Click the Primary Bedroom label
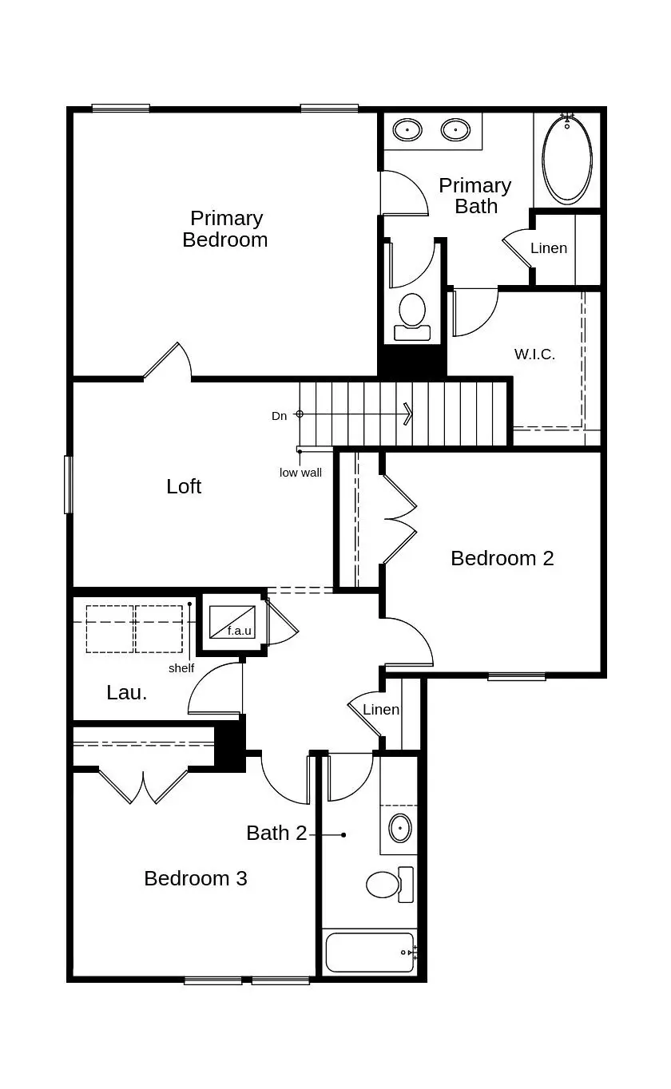click(225, 229)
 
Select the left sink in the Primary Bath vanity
click(407, 129)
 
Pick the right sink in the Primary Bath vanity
click(455, 129)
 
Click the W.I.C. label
click(534, 354)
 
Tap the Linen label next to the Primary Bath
click(549, 248)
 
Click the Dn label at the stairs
click(279, 416)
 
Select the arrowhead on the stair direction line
click(409, 414)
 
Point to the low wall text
click(300, 473)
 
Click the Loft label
click(184, 486)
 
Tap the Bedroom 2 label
click(502, 558)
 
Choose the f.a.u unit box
click(232, 622)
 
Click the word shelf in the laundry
click(181, 668)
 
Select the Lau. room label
click(127, 692)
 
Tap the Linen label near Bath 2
click(380, 710)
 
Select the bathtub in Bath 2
click(370, 952)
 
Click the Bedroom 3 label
click(196, 878)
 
